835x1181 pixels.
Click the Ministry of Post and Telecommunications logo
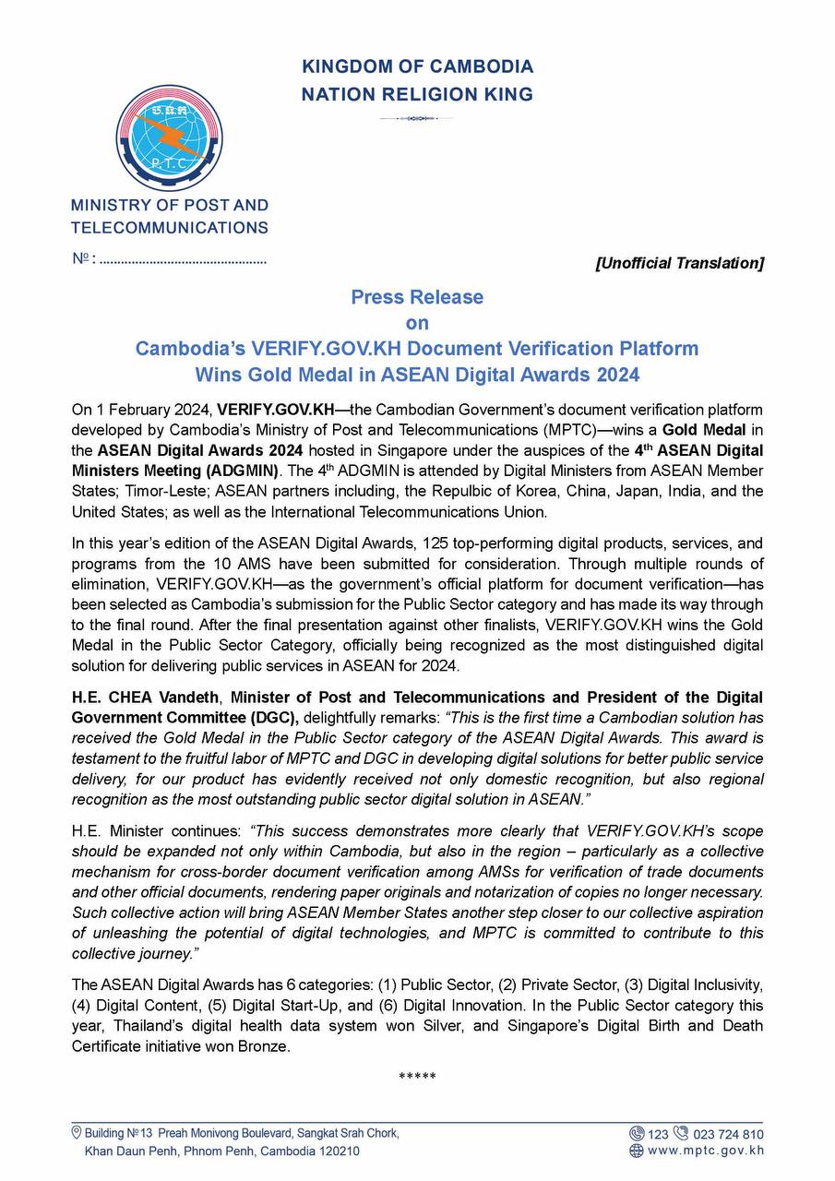170,138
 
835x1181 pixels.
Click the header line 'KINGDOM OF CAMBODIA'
417,67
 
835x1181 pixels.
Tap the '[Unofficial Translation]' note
680,263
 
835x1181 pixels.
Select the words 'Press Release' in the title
417,297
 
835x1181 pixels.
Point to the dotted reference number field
183,259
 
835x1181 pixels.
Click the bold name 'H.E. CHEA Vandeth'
146,698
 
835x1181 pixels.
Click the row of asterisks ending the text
417,1077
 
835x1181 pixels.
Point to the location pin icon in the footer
77,1132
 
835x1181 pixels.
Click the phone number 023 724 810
728,1134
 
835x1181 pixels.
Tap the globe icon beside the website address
636,1151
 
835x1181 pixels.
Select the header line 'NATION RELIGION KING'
417,94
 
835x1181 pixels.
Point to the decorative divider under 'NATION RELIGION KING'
417,118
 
